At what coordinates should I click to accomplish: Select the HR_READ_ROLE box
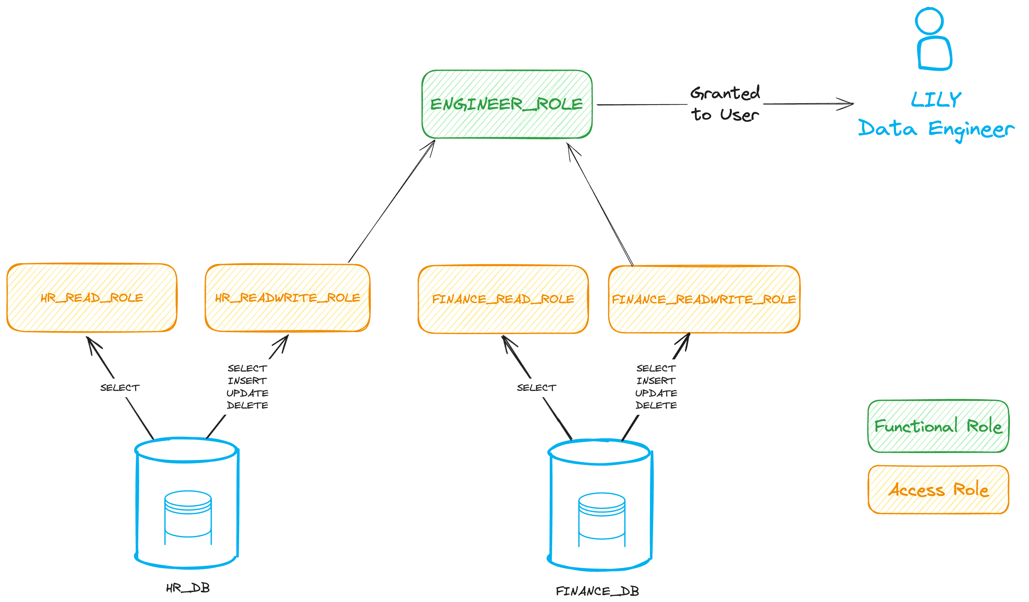coord(92,298)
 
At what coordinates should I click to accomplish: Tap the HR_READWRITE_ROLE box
coord(287,298)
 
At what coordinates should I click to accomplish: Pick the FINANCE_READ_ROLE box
coord(503,299)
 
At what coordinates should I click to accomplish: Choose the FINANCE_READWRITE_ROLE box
coord(704,299)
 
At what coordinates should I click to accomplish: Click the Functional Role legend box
coord(938,426)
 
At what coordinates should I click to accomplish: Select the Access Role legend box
coord(938,489)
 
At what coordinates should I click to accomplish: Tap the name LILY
coord(936,100)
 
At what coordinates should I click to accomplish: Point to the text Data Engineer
coord(936,129)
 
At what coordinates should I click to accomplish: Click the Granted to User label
coord(725,104)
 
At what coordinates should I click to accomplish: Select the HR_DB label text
coord(188,588)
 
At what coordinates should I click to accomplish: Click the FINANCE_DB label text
coord(597,591)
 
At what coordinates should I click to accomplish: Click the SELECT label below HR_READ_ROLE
coord(120,388)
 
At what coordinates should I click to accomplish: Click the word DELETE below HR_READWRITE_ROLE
coord(247,406)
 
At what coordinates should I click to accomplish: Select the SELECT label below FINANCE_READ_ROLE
coord(536,388)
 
